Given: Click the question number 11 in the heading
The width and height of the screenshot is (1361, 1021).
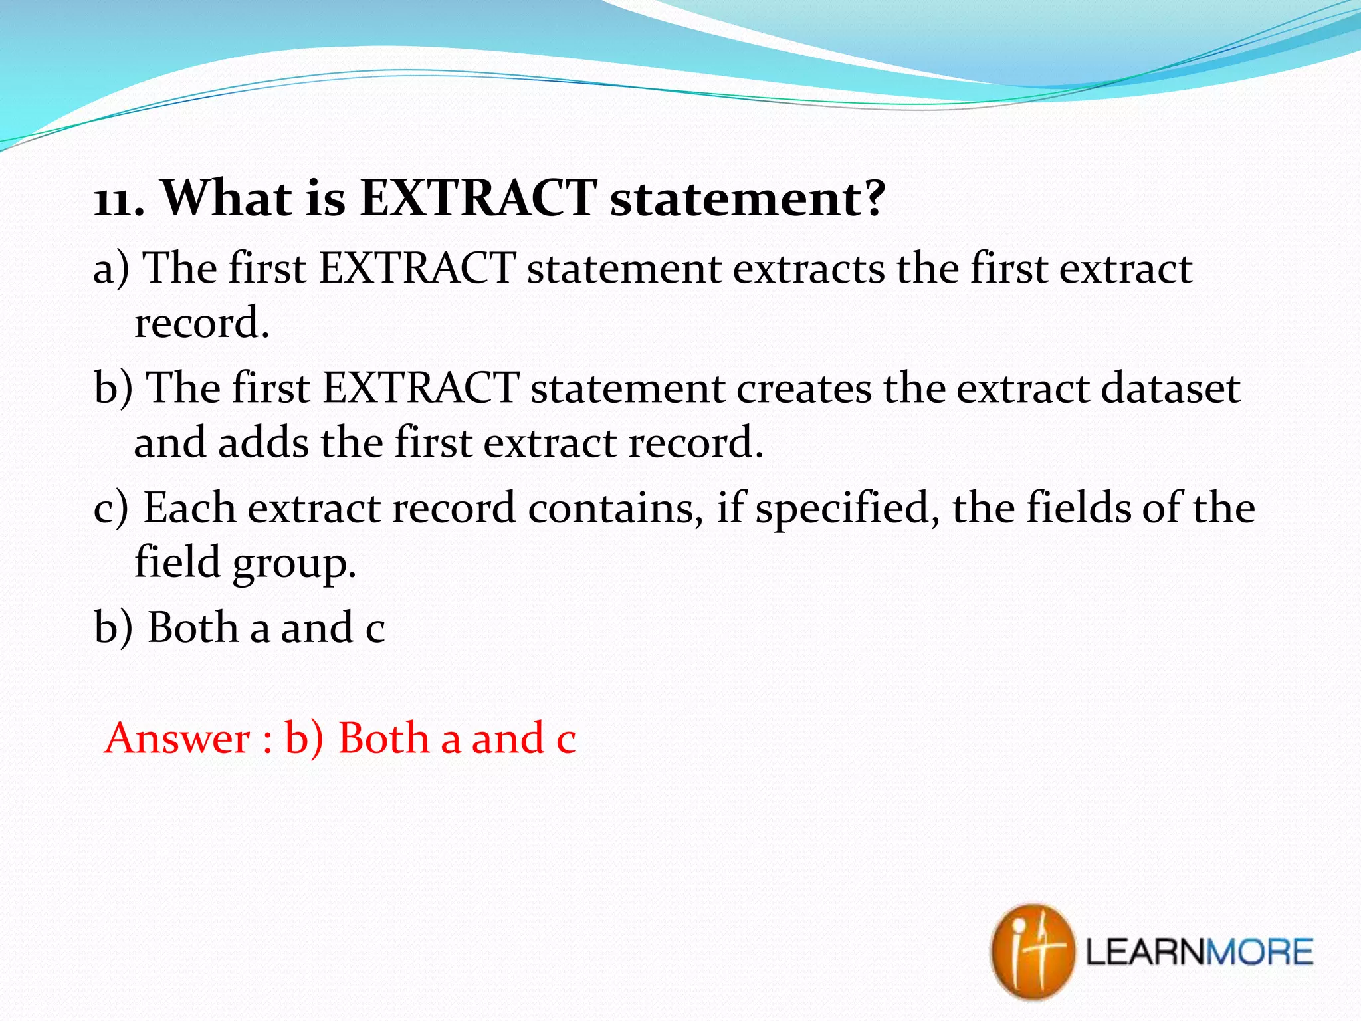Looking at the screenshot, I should [x=113, y=200].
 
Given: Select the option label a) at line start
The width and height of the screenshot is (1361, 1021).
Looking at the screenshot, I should [x=110, y=269].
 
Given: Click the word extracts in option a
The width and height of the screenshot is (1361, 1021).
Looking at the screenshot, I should [x=809, y=269].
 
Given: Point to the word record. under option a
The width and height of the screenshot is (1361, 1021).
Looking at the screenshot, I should [x=202, y=324].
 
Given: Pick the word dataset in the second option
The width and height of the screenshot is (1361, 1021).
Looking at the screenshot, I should [x=1170, y=389].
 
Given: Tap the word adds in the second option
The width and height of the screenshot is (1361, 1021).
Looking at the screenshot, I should [x=263, y=443].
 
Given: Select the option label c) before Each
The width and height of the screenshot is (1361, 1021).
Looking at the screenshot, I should [x=110, y=509].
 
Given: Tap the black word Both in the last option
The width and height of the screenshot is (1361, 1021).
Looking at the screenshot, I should [x=193, y=628].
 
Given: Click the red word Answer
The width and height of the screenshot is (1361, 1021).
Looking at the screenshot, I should [x=177, y=739].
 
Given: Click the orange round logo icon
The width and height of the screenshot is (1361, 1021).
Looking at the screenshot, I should [x=1031, y=951].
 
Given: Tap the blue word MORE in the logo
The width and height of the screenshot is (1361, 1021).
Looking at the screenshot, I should [x=1259, y=952].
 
